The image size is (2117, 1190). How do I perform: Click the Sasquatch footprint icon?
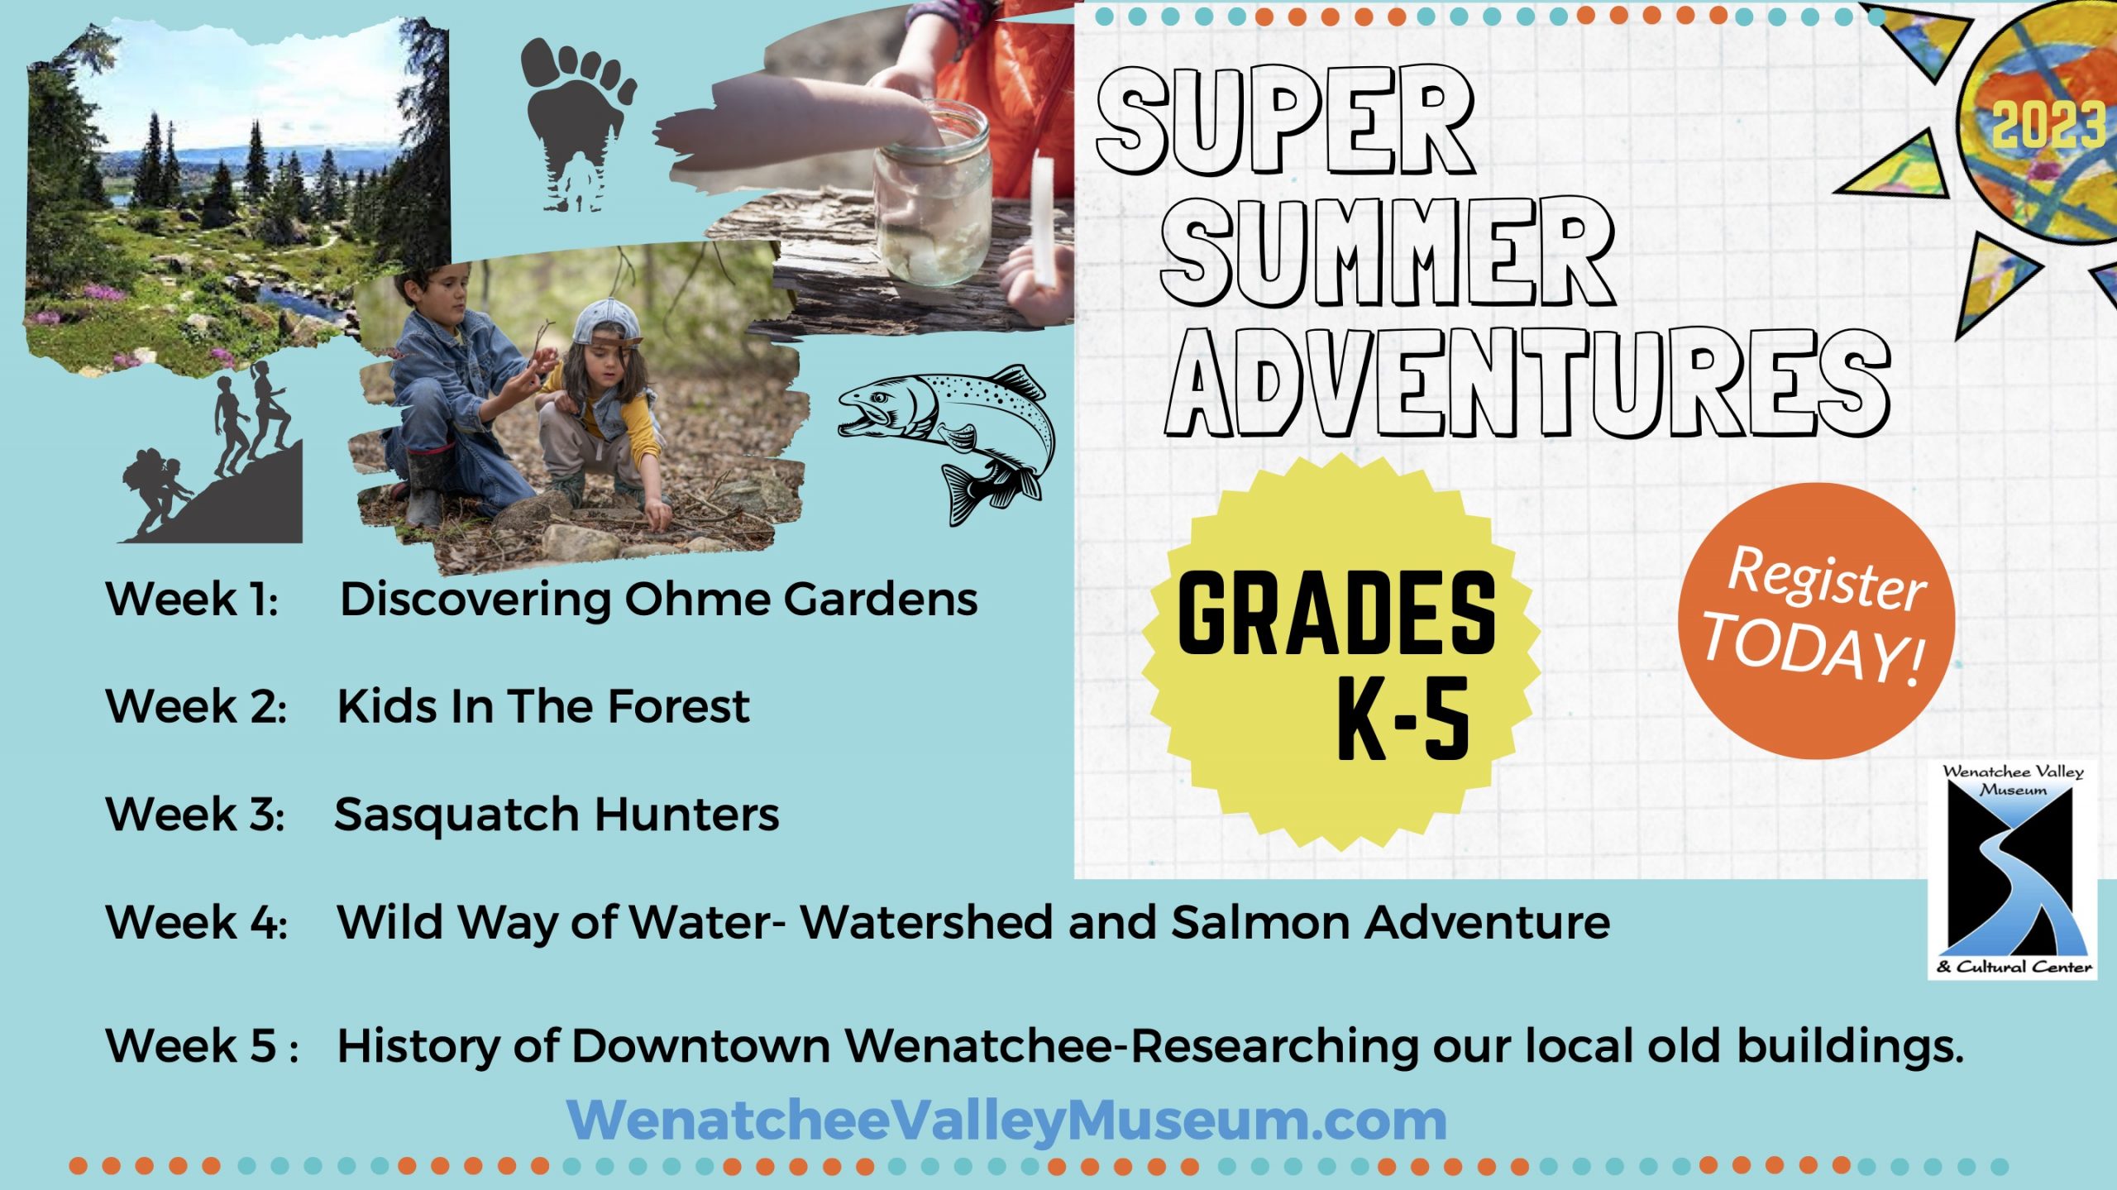[576, 124]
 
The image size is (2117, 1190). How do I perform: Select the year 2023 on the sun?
[2048, 125]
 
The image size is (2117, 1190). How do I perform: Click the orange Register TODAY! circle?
[1816, 621]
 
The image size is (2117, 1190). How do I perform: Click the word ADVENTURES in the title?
[1528, 382]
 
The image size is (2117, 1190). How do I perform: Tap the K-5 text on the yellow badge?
[1403, 718]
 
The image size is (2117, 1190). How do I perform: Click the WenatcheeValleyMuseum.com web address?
[1006, 1121]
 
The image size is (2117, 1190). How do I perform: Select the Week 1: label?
[192, 598]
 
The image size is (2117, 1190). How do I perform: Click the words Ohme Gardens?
[800, 598]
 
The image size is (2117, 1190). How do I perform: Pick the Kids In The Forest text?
[543, 706]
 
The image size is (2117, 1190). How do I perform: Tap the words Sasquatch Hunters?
[557, 815]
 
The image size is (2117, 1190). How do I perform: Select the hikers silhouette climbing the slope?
[212, 460]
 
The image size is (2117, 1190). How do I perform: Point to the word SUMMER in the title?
[1388, 251]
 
